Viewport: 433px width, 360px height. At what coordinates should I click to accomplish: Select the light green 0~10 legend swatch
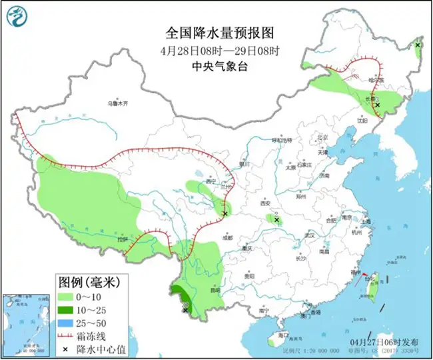pyautogui.click(x=66, y=295)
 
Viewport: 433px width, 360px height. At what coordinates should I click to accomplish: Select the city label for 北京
pyautogui.click(x=323, y=137)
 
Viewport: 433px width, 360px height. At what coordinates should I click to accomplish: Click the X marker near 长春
pyautogui.click(x=377, y=105)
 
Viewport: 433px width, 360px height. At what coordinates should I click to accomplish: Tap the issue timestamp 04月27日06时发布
pyautogui.click(x=386, y=341)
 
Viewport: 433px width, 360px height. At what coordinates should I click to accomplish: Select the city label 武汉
pyautogui.click(x=308, y=235)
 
